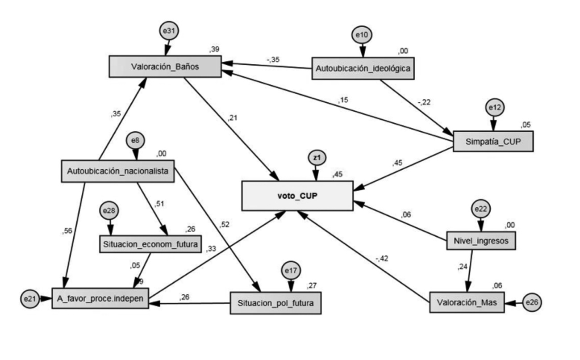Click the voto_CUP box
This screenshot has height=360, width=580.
[297, 195]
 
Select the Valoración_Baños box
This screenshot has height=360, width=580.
[165, 67]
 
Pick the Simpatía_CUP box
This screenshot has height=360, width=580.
[492, 141]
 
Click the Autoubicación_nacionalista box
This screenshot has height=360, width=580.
[117, 171]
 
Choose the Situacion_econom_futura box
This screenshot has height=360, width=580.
[150, 244]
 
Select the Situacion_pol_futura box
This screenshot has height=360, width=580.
[275, 303]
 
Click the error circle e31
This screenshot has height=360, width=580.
[169, 31]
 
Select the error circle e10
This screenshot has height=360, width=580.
[362, 35]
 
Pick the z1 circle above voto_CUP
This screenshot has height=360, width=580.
[317, 158]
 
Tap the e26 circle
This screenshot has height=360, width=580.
[532, 302]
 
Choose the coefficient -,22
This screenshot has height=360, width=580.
[423, 103]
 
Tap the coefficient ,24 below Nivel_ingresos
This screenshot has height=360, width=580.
[463, 267]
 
